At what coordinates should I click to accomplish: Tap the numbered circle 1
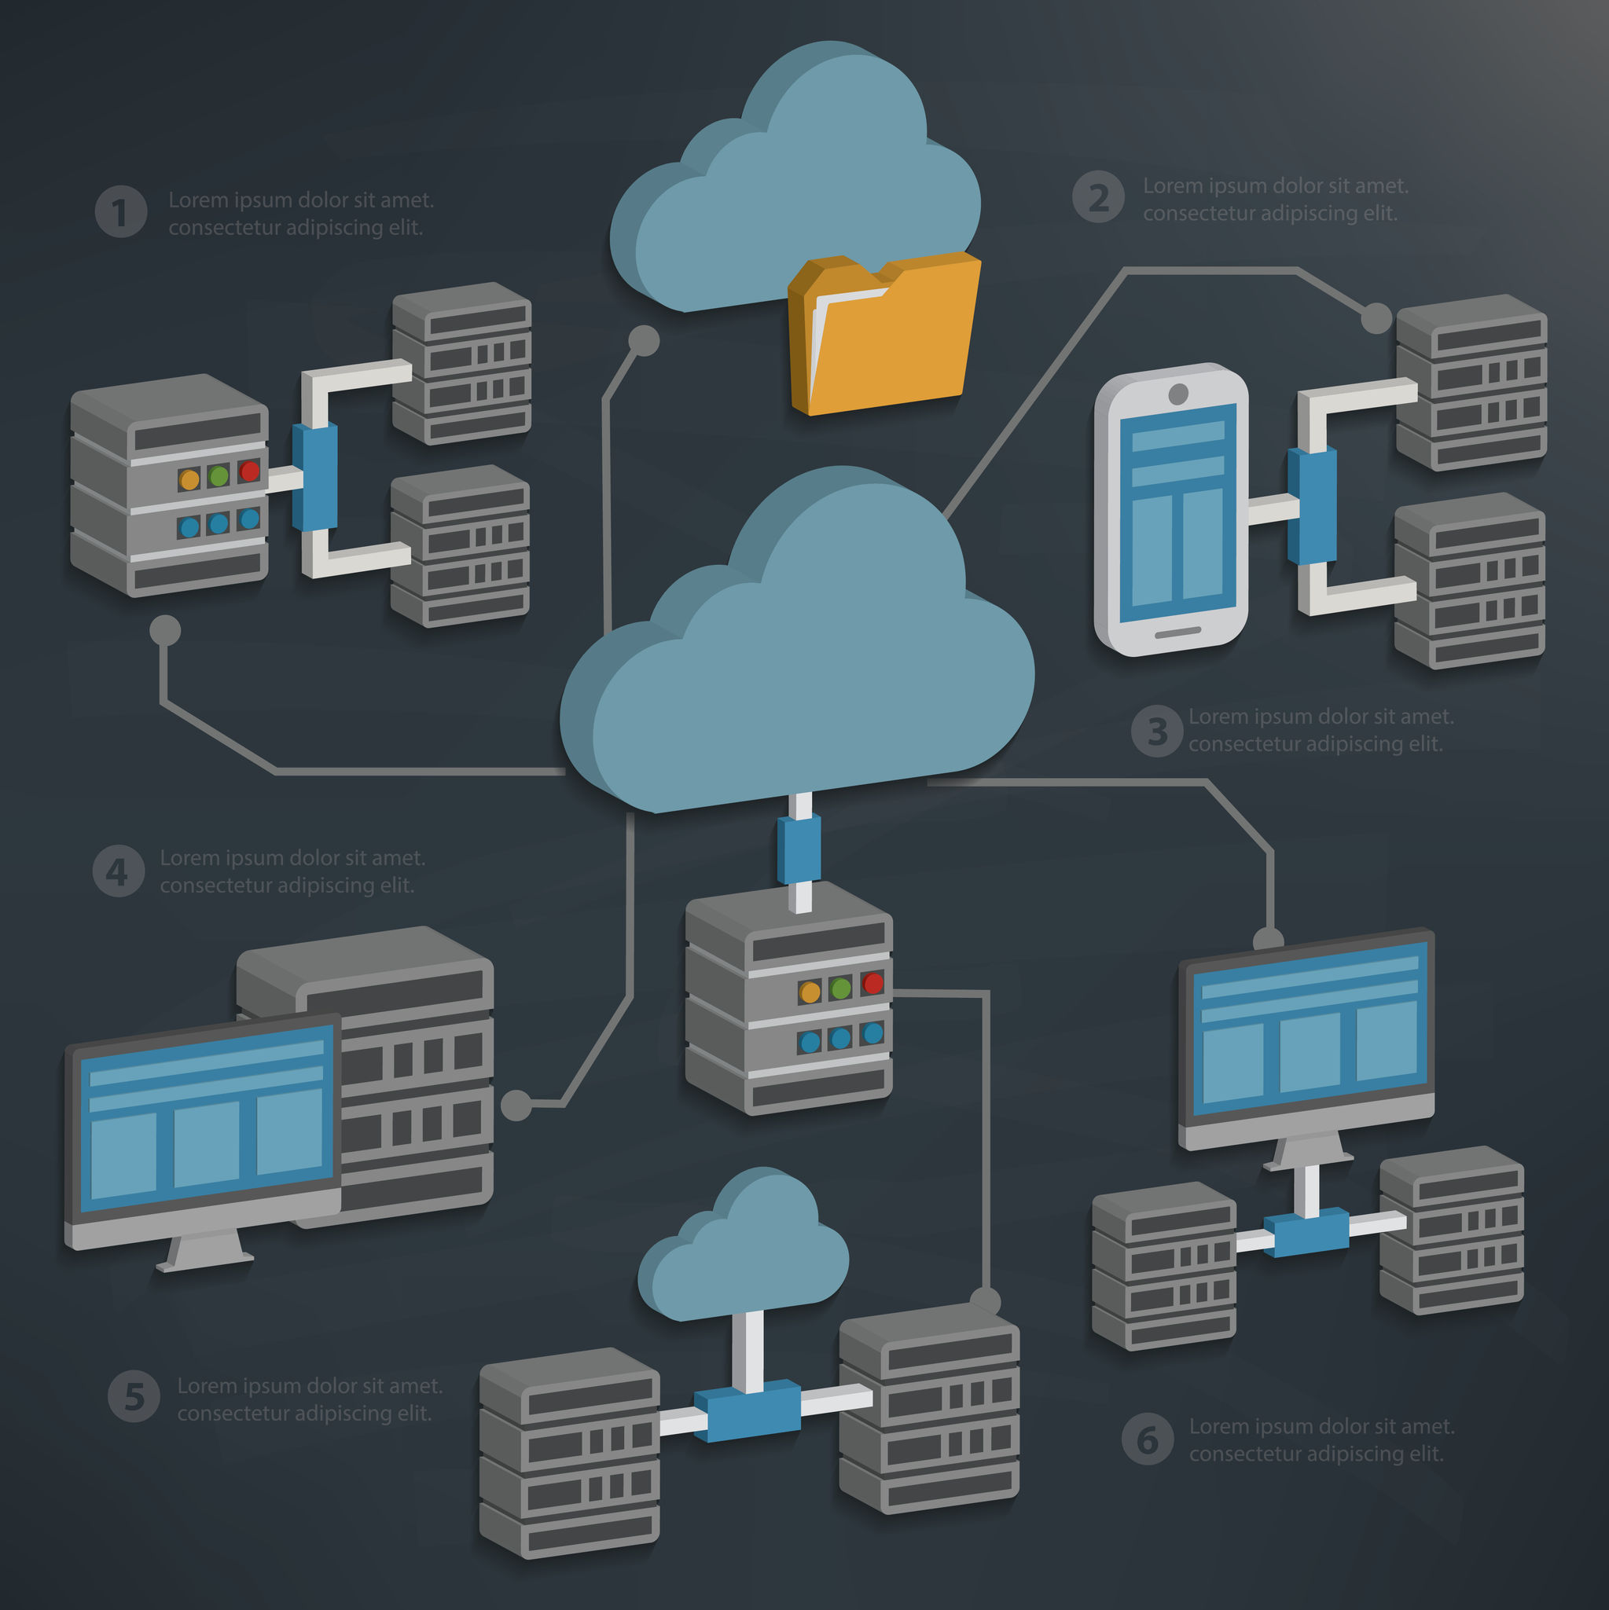tap(121, 211)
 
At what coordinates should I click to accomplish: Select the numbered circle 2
tap(1098, 197)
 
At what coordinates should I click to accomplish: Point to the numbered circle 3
tap(1156, 731)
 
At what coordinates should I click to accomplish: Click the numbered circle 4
tap(118, 871)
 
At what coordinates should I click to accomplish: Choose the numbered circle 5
tap(134, 1396)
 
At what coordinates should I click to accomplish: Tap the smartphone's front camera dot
tap(1178, 394)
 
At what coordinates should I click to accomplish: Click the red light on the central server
tap(872, 983)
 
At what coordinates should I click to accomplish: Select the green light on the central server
tap(841, 988)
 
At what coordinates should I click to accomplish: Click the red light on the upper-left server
tap(249, 471)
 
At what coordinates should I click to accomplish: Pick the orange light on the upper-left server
tap(190, 480)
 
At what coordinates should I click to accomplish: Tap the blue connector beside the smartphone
tap(1312, 506)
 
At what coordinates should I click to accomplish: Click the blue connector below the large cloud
tap(799, 849)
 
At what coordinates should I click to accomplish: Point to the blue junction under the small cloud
tap(748, 1410)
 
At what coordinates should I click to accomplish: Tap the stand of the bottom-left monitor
tap(204, 1250)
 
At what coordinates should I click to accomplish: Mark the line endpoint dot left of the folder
tap(644, 340)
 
